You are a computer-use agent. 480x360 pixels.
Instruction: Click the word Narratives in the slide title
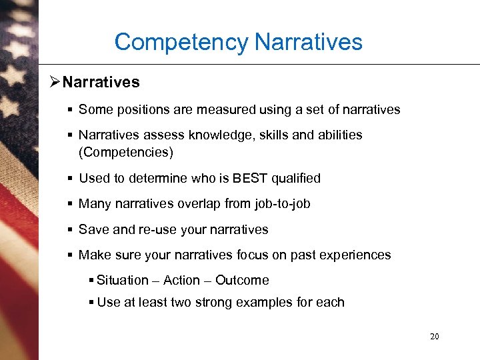(309, 42)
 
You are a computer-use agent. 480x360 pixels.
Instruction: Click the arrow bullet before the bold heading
(55, 82)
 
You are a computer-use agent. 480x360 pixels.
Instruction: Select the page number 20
(434, 337)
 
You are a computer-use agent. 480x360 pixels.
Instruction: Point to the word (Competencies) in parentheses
(126, 152)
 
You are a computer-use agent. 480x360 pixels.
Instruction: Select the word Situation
(123, 280)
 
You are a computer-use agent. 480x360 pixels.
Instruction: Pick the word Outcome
(242, 280)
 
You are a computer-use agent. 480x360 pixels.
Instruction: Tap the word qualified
(295, 178)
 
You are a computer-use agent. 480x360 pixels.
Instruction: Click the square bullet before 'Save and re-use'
(70, 229)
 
